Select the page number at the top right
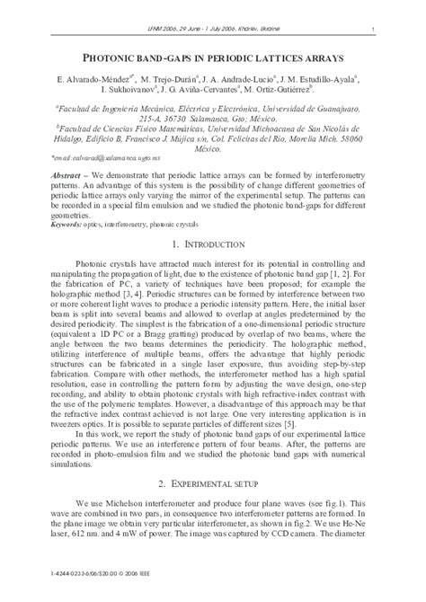[372, 31]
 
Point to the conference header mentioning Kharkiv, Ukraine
[212, 31]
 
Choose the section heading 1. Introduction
[212, 244]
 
